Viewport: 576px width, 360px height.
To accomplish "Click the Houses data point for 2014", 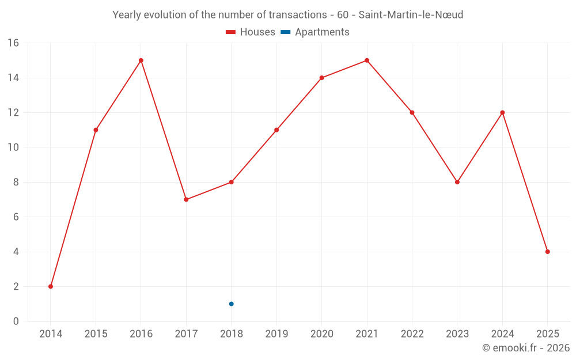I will click(51, 286).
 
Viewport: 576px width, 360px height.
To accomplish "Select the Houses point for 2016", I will click(141, 60).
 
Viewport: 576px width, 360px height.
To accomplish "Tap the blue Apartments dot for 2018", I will click(231, 304).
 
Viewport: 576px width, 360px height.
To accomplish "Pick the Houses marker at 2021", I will click(367, 60).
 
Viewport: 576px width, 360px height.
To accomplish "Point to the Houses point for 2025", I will click(547, 252).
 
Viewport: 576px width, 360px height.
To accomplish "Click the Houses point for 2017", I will click(186, 199).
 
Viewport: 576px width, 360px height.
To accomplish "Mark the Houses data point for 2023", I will click(457, 182).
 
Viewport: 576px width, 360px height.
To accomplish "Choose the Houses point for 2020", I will click(321, 78).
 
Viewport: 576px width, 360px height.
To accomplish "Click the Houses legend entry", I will click(251, 32).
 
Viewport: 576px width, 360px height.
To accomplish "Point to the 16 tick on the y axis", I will click(13, 43).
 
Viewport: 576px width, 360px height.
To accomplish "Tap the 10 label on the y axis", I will click(13, 147).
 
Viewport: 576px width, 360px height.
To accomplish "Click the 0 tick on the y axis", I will click(16, 321).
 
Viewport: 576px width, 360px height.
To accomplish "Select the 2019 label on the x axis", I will click(276, 334).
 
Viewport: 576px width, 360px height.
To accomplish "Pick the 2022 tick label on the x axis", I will click(412, 334).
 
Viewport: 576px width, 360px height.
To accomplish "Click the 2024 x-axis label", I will click(502, 334).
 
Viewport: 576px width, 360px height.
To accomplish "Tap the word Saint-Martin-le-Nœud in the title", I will click(411, 15).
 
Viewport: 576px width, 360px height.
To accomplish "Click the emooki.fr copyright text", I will click(525, 348).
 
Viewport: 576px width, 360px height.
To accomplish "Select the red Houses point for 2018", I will click(231, 182).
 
